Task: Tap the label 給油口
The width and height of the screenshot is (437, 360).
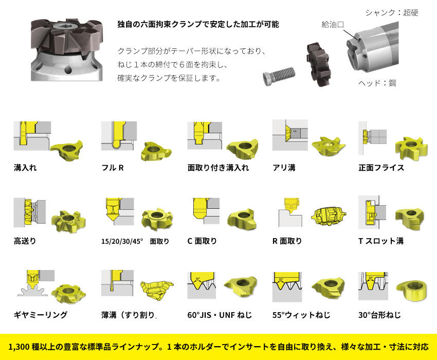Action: tap(333, 25)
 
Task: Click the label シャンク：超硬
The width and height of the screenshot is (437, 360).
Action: tap(392, 12)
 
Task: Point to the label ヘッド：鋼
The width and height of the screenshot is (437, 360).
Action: tap(377, 83)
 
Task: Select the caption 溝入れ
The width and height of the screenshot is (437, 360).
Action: tap(25, 168)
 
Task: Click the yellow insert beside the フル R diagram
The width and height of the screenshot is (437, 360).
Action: tap(155, 151)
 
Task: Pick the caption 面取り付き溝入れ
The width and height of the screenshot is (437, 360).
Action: tap(218, 168)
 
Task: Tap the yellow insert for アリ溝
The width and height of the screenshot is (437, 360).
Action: tap(329, 146)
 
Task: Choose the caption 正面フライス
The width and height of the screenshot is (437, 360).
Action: tap(381, 168)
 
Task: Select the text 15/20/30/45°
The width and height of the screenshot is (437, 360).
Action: tap(122, 241)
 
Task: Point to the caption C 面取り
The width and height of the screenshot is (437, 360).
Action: tap(202, 241)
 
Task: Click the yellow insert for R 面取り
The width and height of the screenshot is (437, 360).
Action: tap(329, 216)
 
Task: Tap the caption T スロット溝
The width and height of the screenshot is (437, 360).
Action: tap(381, 241)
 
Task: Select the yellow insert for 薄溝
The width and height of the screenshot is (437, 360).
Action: tap(156, 290)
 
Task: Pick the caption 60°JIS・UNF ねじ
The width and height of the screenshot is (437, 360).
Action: tap(220, 315)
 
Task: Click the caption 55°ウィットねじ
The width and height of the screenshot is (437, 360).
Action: tap(301, 315)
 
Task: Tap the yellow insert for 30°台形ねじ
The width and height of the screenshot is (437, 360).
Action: tap(412, 291)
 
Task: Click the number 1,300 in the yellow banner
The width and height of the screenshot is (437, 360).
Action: tap(19, 347)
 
